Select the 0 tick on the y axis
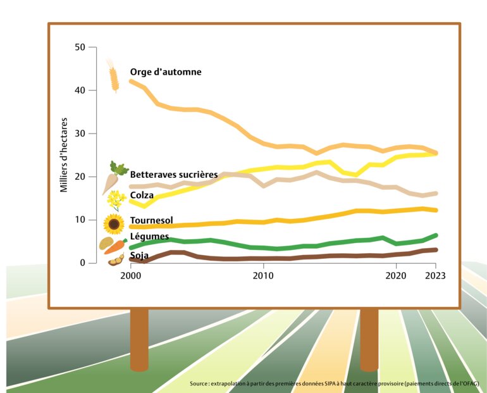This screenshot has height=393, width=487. (84, 263)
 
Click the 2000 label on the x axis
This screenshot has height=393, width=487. (130, 276)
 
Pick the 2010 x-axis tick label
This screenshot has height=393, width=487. (263, 276)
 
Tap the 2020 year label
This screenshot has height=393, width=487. (396, 276)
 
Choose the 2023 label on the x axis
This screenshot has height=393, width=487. (435, 276)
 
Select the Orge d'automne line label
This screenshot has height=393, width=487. (166, 72)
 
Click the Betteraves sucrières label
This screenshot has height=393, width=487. (174, 174)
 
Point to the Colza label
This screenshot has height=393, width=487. (142, 196)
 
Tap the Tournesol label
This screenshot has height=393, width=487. (152, 221)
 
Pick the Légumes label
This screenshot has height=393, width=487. (149, 237)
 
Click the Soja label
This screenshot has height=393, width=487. (139, 255)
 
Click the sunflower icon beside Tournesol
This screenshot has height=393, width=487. (114, 223)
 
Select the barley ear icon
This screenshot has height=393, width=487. (114, 76)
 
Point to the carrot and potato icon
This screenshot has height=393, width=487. (112, 244)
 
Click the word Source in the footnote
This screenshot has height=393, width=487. (200, 384)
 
